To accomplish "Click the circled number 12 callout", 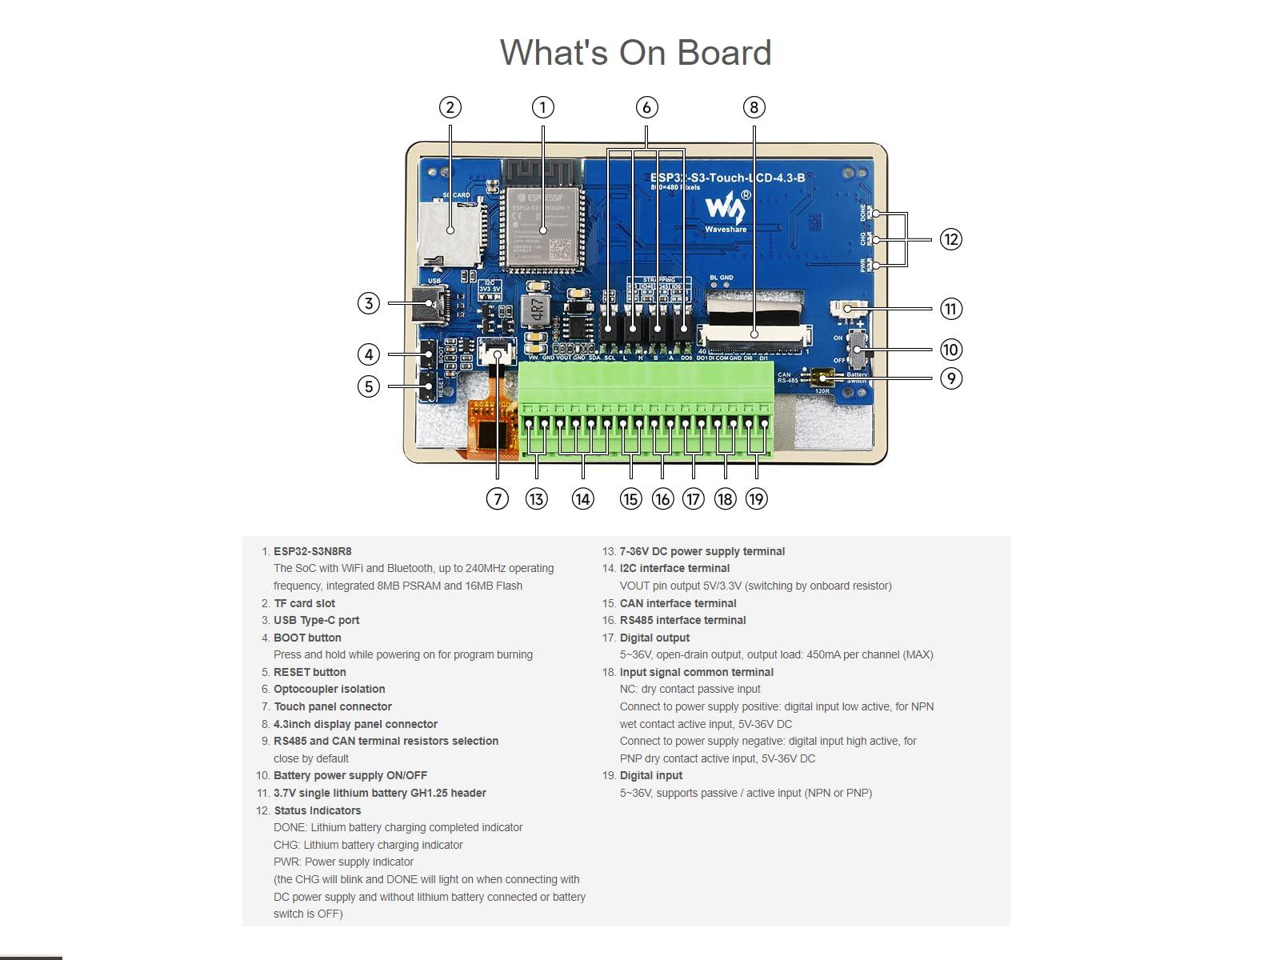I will pyautogui.click(x=950, y=239).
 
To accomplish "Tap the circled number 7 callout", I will pyautogui.click(x=497, y=499).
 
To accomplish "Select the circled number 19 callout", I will pyautogui.click(x=756, y=499).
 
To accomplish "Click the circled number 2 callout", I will pyautogui.click(x=450, y=108).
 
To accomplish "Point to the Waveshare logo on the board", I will pyautogui.click(x=726, y=211).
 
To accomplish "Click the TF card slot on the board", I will pyautogui.click(x=449, y=232).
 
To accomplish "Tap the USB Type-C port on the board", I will pyautogui.click(x=432, y=304).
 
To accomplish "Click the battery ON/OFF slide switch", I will pyautogui.click(x=857, y=348).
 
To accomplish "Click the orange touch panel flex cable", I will pyautogui.click(x=492, y=428).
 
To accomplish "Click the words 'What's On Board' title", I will pyautogui.click(x=635, y=53).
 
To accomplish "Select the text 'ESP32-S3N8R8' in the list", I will pyautogui.click(x=312, y=551).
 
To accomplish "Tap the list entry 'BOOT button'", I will pyautogui.click(x=307, y=638).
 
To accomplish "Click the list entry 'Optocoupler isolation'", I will pyautogui.click(x=329, y=689).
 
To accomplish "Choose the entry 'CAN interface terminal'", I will pyautogui.click(x=678, y=603).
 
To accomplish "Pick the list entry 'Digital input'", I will pyautogui.click(x=650, y=775).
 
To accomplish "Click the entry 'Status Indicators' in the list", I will pyautogui.click(x=317, y=810).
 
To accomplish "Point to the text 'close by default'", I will pyautogui.click(x=311, y=758).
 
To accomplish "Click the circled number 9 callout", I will pyautogui.click(x=950, y=378).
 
